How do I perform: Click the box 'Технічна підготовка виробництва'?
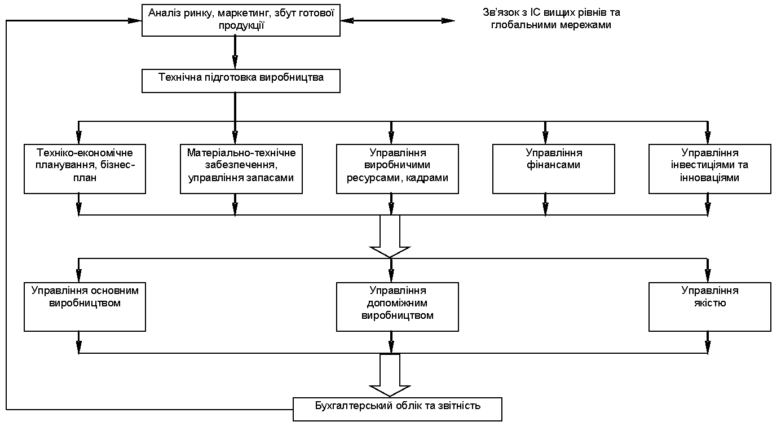coord(241,81)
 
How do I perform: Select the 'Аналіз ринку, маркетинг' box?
coord(241,20)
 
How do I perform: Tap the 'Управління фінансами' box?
coord(553,169)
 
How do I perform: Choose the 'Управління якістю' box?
coord(709,307)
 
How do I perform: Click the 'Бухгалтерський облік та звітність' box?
coord(398,409)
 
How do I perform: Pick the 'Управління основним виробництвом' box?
coord(85,307)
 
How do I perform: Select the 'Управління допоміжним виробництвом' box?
coord(397,307)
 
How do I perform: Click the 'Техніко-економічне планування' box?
coord(85,169)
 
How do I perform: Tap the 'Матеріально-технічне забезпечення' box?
coord(241,169)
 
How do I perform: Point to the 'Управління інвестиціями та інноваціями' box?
coord(709,169)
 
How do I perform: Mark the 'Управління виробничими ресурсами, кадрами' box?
coord(397,169)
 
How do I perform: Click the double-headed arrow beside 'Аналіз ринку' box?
coord(398,20)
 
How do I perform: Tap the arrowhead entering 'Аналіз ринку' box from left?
coord(135,20)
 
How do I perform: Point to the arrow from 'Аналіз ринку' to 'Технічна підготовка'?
coord(235,52)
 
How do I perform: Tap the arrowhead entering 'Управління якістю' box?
coord(708,275)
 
